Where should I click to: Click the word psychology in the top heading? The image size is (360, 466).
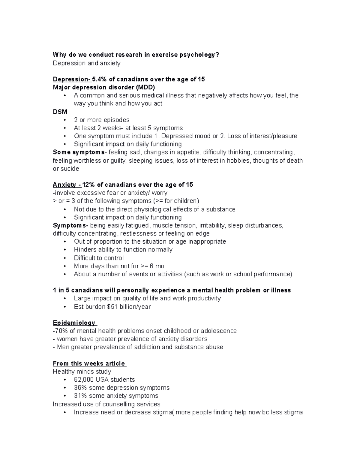199,55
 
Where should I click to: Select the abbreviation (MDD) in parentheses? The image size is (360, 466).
145,88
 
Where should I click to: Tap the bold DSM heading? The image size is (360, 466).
60,112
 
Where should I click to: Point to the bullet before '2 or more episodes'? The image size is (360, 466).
65,120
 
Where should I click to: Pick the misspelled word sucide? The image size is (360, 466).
70,169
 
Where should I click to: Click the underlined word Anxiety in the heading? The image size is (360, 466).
64,185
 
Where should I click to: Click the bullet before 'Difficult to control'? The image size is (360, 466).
65,258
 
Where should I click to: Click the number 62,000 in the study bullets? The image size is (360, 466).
84,380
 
